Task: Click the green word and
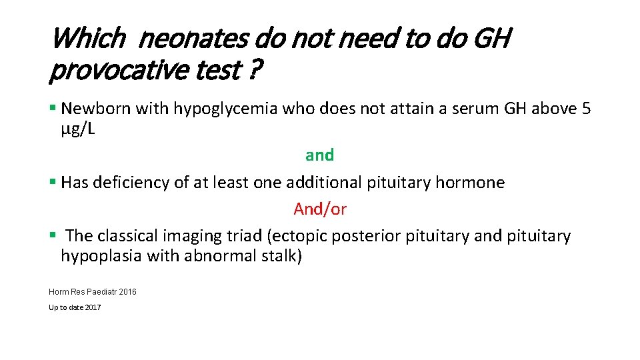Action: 319,155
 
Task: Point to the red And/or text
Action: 320,209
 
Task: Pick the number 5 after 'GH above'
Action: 585,109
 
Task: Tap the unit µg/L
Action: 78,129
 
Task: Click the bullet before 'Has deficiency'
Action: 52,183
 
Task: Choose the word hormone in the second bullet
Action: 473,183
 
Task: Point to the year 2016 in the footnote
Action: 127,291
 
